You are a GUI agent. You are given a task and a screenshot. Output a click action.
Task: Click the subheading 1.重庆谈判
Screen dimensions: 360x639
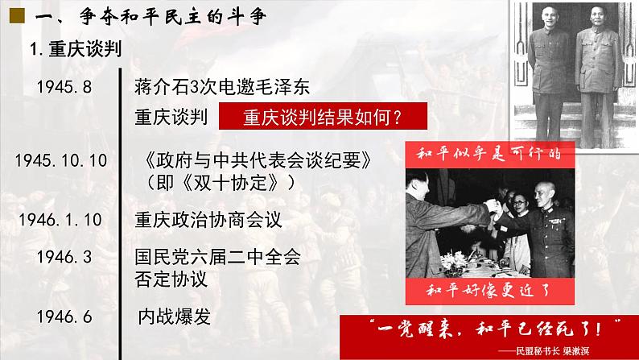point(76,50)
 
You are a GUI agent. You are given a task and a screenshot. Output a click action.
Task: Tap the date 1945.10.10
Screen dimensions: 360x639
point(61,159)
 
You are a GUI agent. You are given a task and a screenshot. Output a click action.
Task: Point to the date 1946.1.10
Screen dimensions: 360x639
point(64,218)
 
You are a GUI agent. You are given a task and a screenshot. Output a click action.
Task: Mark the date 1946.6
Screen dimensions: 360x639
point(70,317)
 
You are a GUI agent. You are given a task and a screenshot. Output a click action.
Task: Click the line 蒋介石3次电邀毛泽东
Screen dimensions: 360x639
point(222,86)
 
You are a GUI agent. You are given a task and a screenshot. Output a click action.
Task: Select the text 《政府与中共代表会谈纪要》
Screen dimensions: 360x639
point(251,159)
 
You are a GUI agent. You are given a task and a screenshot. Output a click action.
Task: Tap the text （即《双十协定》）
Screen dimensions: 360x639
point(217,182)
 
